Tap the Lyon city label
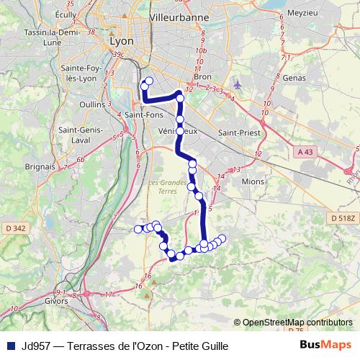pos(122,41)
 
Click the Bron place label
pos(202,76)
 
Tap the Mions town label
pos(253,181)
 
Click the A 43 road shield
pos(307,151)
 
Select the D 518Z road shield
pos(344,217)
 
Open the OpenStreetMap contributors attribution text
pos(297,323)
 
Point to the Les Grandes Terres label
pos(166,186)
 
